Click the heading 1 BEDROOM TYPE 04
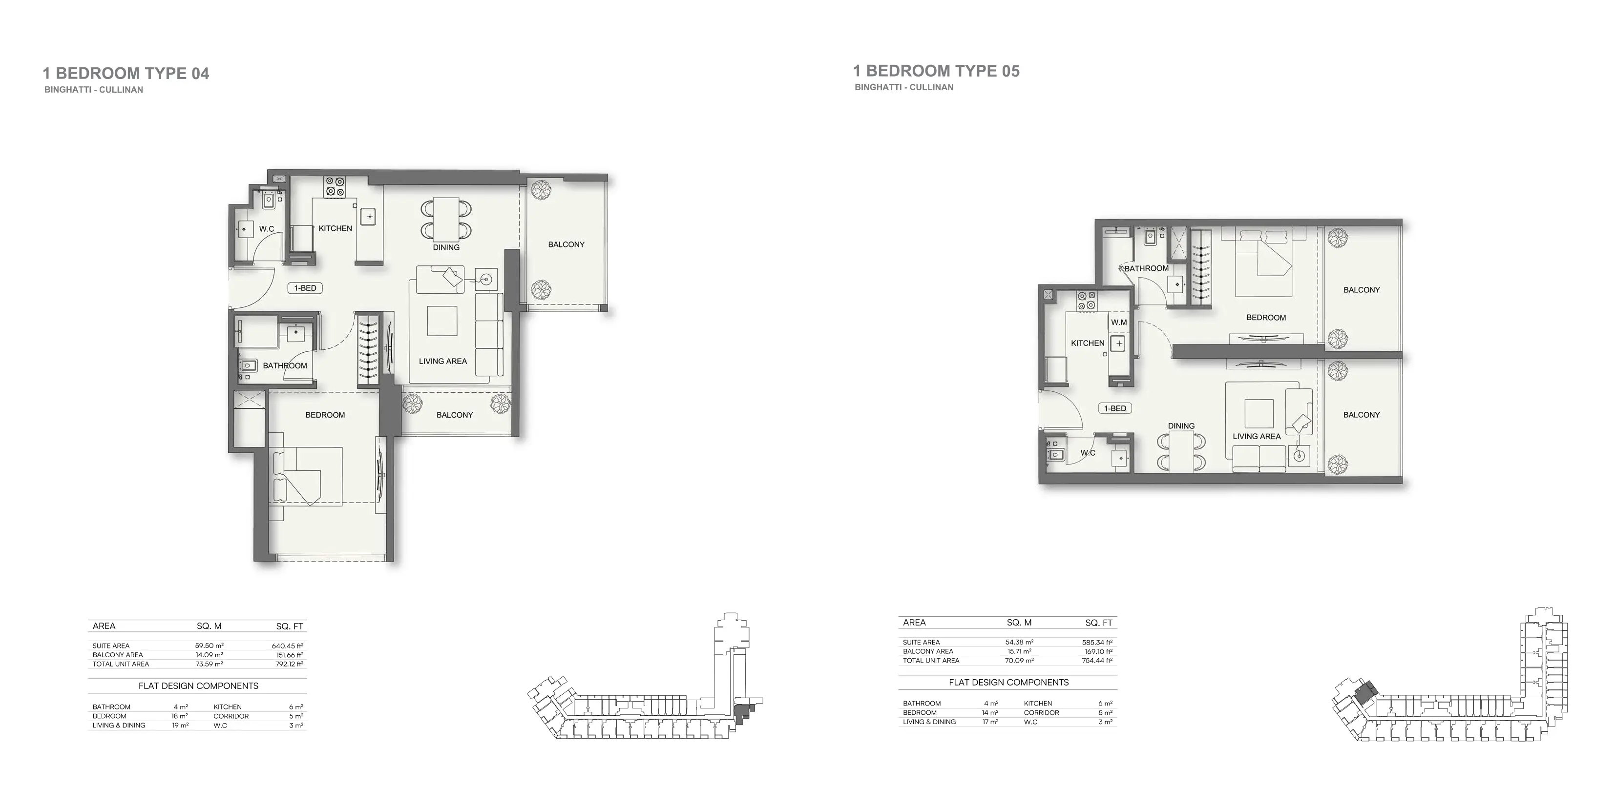pyautogui.click(x=126, y=73)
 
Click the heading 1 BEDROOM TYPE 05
pyautogui.click(x=936, y=71)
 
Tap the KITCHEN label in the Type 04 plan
pyautogui.click(x=335, y=228)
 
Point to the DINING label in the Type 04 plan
pyautogui.click(x=446, y=247)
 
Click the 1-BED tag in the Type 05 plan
pyautogui.click(x=1115, y=408)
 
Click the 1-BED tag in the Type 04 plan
pyautogui.click(x=305, y=287)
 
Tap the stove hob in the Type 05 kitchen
pyautogui.click(x=1087, y=301)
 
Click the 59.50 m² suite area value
pyautogui.click(x=209, y=646)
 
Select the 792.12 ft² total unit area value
pyautogui.click(x=289, y=664)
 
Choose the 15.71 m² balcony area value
pyautogui.click(x=1019, y=651)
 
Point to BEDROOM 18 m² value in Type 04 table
pyautogui.click(x=179, y=716)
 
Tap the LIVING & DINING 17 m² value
pyautogui.click(x=990, y=722)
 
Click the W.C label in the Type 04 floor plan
pyautogui.click(x=267, y=229)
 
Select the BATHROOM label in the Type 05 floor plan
pyautogui.click(x=1146, y=268)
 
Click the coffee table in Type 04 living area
pyautogui.click(x=442, y=320)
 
